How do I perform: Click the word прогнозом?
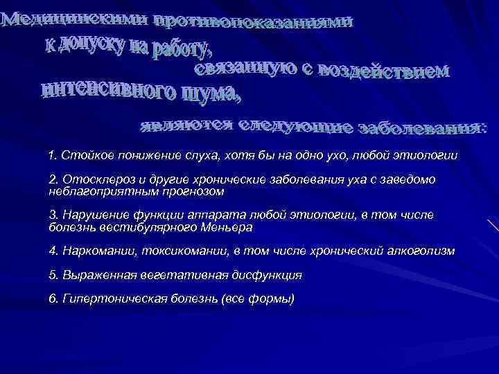point(181,190)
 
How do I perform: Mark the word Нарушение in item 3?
point(89,215)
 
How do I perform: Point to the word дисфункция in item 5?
point(269,274)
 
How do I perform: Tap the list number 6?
point(53,299)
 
